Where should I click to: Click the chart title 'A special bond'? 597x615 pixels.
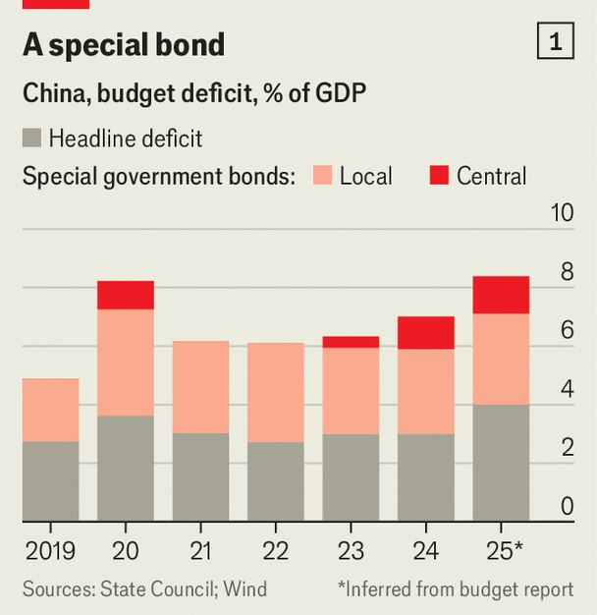click(x=124, y=44)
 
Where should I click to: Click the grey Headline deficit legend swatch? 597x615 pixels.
click(x=32, y=138)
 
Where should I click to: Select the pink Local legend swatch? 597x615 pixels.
click(x=322, y=176)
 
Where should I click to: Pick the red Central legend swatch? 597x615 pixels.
click(x=439, y=176)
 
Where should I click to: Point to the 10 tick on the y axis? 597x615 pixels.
click(x=561, y=213)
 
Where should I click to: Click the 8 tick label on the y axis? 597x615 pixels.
click(x=567, y=272)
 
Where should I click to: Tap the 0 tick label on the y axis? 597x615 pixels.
click(x=567, y=507)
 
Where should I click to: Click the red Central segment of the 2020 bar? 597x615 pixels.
click(x=126, y=295)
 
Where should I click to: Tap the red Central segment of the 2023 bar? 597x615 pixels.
click(x=351, y=342)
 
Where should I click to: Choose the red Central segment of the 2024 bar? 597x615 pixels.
click(x=425, y=333)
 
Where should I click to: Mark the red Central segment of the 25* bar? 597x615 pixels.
click(x=501, y=295)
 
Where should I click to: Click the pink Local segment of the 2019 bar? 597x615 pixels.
click(x=50, y=410)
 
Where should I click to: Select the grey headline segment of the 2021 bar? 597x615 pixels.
click(x=200, y=476)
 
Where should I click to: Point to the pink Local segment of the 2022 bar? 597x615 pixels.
click(x=275, y=392)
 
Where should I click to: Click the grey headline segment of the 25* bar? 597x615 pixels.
click(x=501, y=463)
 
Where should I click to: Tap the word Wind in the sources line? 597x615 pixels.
click(x=244, y=589)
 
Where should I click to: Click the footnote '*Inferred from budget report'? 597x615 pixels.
click(x=456, y=589)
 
